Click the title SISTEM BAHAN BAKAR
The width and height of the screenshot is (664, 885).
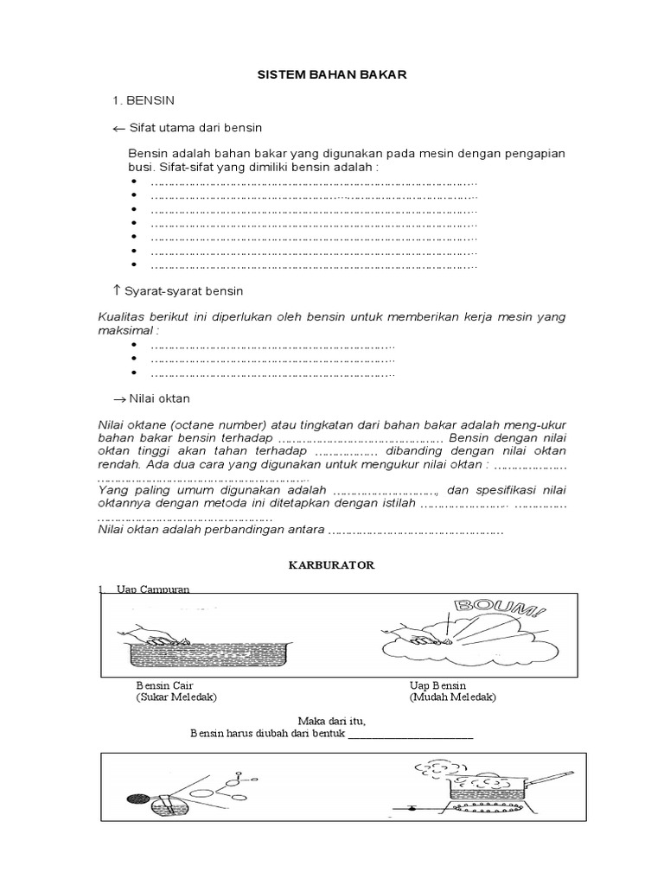coord(332,76)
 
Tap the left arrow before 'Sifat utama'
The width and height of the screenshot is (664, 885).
coord(119,129)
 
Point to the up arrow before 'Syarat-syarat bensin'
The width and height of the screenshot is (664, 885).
coord(117,290)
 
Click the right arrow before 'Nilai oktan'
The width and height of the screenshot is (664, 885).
coord(119,398)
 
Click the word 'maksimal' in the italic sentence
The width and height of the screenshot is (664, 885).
coord(128,330)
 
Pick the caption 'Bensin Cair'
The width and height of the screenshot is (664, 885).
coord(162,684)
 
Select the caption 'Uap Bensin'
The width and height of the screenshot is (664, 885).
coord(438,684)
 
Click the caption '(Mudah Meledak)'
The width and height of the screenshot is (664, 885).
coord(454,697)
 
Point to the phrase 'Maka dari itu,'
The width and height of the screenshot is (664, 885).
coord(332,721)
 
